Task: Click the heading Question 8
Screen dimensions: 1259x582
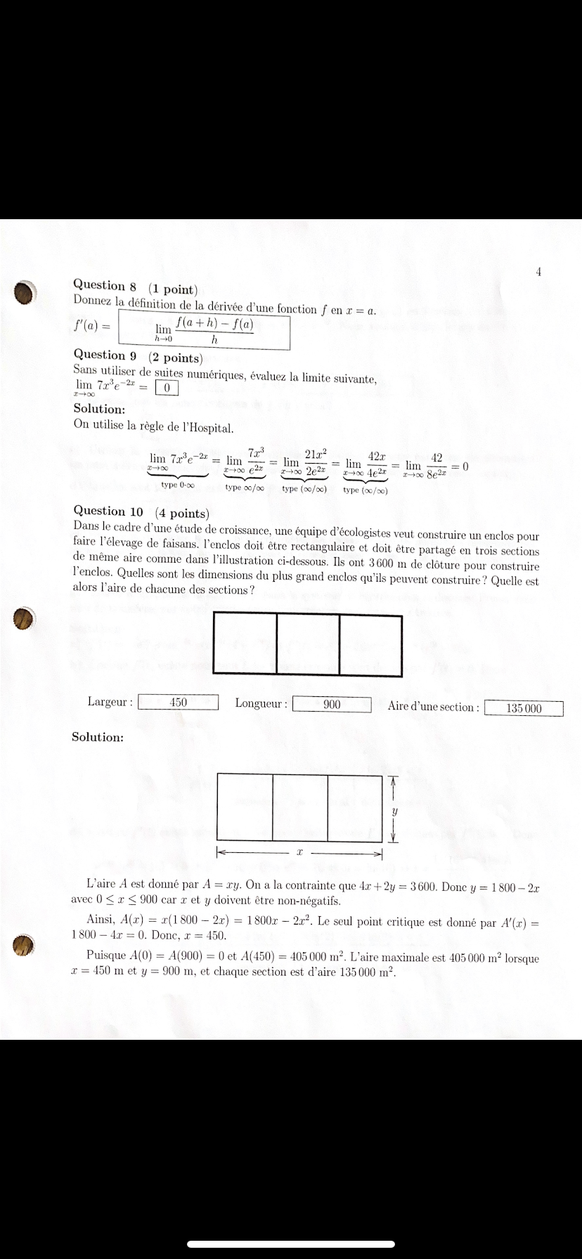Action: coord(109,286)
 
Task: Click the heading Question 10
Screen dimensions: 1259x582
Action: coord(109,511)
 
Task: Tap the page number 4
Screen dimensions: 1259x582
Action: coord(538,271)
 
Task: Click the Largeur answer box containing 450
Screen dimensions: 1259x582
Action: coord(179,702)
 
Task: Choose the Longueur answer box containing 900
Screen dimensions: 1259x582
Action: coord(332,704)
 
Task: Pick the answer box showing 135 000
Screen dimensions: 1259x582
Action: coord(524,708)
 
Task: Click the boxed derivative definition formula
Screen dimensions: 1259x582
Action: coord(205,330)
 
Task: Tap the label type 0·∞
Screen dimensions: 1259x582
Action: coord(178,485)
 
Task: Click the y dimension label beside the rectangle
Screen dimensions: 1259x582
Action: coord(394,810)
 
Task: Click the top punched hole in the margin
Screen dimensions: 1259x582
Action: coord(25,292)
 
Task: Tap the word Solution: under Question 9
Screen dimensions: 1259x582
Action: coord(99,409)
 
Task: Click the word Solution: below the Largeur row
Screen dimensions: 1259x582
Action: coord(98,737)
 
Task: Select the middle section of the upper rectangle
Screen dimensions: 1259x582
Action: coord(308,644)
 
